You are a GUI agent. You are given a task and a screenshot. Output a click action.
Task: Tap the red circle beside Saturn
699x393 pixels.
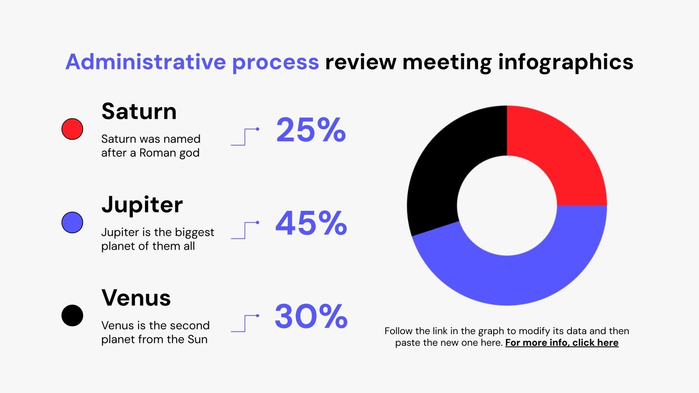coord(72,129)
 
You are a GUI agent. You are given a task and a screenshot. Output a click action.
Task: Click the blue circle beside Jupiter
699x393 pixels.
coord(72,222)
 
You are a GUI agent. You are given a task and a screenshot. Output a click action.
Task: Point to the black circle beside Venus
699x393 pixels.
coord(72,315)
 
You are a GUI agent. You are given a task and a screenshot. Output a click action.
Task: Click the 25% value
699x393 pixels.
coord(311,130)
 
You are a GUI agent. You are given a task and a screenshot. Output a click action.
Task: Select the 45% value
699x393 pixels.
coord(311,223)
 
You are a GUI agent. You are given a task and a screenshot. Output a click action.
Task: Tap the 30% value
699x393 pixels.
coord(311,316)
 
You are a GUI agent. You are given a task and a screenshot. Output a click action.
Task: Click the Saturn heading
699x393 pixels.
coord(139,111)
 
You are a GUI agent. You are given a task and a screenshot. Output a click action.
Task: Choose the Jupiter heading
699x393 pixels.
coord(142,205)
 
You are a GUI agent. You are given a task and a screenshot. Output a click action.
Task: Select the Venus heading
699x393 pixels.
coord(136,298)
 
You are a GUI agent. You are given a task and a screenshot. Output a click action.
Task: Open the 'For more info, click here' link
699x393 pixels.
coord(562,343)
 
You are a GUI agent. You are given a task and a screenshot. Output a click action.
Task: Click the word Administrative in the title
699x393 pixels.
coord(145,62)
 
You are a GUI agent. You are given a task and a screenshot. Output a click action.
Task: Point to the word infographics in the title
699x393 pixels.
coord(565,62)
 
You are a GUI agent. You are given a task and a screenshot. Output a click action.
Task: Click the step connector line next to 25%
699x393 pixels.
coord(245,136)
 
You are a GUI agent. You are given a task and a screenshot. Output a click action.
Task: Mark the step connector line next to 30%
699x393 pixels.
coord(245,323)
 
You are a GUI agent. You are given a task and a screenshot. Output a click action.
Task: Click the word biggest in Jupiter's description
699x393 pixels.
coord(194,232)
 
